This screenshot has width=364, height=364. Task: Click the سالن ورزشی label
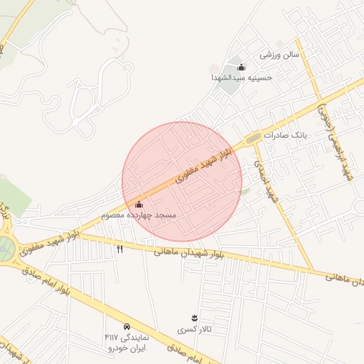click(279, 54)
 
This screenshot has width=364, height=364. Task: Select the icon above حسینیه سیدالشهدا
click(242, 68)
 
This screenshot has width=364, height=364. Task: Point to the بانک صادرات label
click(284, 134)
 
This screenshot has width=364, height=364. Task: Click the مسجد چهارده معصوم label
click(138, 214)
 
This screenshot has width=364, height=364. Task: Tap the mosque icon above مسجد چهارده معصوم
click(139, 205)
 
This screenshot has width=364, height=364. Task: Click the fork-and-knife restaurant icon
click(119, 249)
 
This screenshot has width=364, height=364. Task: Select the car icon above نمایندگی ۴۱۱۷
click(127, 326)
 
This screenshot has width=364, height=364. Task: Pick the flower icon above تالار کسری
click(194, 317)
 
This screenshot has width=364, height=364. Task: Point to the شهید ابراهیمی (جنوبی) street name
click(336, 142)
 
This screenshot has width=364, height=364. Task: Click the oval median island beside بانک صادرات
click(253, 136)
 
